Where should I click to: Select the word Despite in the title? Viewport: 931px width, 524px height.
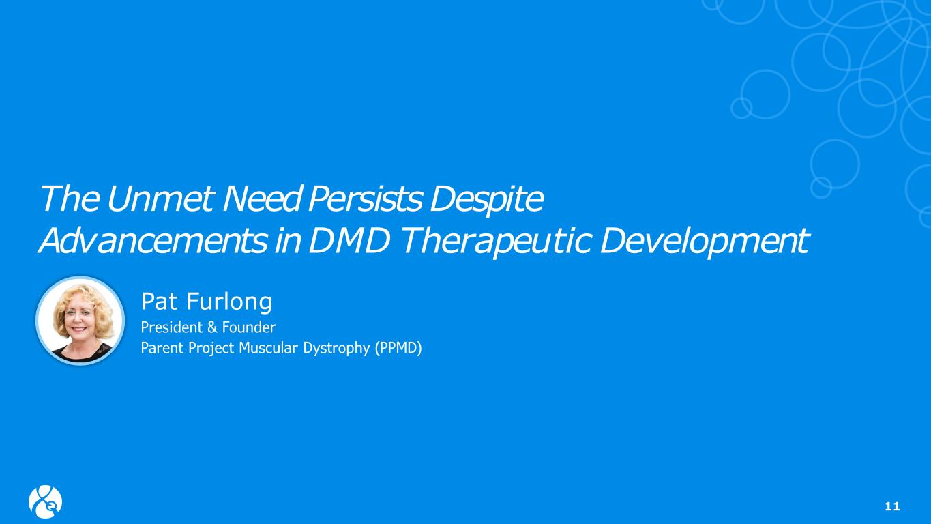pyautogui.click(x=486, y=201)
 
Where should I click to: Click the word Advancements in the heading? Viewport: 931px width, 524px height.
pyautogui.click(x=153, y=241)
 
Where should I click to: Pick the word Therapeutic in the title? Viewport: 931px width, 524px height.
pyautogui.click(x=497, y=243)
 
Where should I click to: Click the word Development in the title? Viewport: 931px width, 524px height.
pyautogui.click(x=705, y=243)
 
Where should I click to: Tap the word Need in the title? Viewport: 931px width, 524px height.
pyautogui.click(x=261, y=199)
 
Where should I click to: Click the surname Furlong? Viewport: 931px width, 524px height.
pyautogui.click(x=229, y=302)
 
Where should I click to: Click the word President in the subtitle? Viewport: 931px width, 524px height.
pyautogui.click(x=171, y=327)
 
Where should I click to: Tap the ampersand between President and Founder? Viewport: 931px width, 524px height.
pyautogui.click(x=212, y=327)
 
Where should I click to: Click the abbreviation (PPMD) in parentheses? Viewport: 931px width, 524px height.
pyautogui.click(x=398, y=348)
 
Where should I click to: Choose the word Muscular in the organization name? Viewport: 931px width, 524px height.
pyautogui.click(x=268, y=348)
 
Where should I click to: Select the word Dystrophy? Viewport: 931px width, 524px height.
pyautogui.click(x=336, y=349)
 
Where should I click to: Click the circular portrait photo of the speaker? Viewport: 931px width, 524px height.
pyautogui.click(x=80, y=321)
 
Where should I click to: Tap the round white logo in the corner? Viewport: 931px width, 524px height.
pyautogui.click(x=45, y=501)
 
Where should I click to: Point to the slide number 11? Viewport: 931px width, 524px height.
pyautogui.click(x=892, y=506)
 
